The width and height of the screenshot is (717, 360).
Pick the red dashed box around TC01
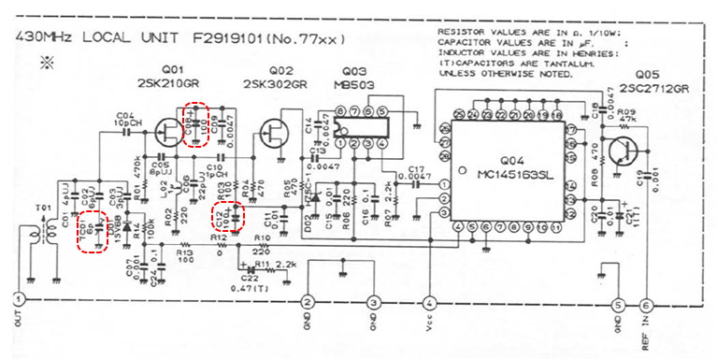coord(92,230)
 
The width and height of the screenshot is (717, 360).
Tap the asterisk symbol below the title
coord(46,63)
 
